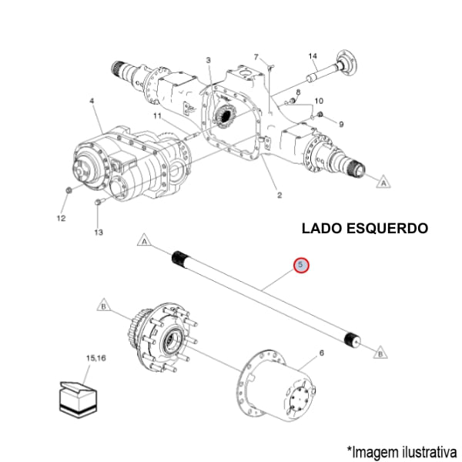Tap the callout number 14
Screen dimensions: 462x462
click(x=313, y=56)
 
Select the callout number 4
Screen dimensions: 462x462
click(x=92, y=102)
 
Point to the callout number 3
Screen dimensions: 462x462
click(x=208, y=60)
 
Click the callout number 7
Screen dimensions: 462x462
click(x=256, y=56)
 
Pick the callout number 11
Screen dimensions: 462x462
click(x=156, y=116)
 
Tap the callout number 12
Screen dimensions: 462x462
click(x=61, y=218)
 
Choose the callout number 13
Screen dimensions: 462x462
click(x=98, y=232)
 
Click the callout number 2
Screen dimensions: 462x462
click(x=279, y=195)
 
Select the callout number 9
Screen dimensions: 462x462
click(x=341, y=124)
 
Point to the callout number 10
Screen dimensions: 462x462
click(x=319, y=101)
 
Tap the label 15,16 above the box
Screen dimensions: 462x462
click(x=96, y=359)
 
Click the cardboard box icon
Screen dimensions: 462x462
click(x=80, y=396)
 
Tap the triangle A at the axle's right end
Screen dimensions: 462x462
click(x=382, y=182)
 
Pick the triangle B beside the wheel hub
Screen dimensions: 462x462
click(x=102, y=305)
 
